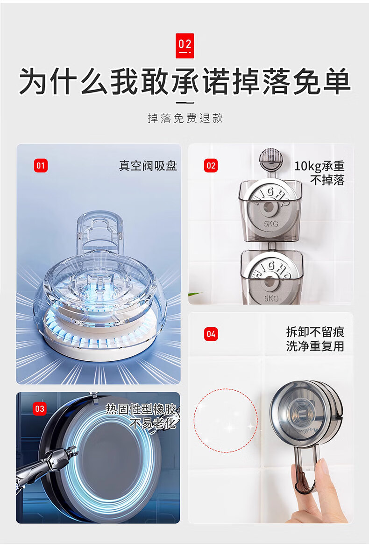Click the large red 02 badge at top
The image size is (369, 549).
pyautogui.click(x=184, y=46)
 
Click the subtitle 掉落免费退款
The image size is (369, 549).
pyautogui.click(x=185, y=118)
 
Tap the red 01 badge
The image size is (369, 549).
pyautogui.click(x=41, y=165)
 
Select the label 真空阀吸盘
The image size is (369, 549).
pyautogui.click(x=148, y=166)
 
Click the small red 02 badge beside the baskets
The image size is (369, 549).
pyautogui.click(x=211, y=166)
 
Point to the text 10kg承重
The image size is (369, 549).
pyautogui.click(x=319, y=166)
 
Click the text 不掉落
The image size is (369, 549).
pyautogui.click(x=327, y=180)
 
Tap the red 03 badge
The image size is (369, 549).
pyautogui.click(x=40, y=408)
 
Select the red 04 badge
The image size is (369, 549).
pyautogui.click(x=211, y=334)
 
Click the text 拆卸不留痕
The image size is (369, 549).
pyautogui.click(x=315, y=331)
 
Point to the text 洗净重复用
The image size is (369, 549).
pyautogui.click(x=315, y=346)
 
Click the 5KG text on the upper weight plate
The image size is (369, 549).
pyautogui.click(x=271, y=224)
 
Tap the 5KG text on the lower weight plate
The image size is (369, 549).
pyautogui.click(x=271, y=298)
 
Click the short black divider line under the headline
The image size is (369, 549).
pyautogui.click(x=184, y=103)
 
